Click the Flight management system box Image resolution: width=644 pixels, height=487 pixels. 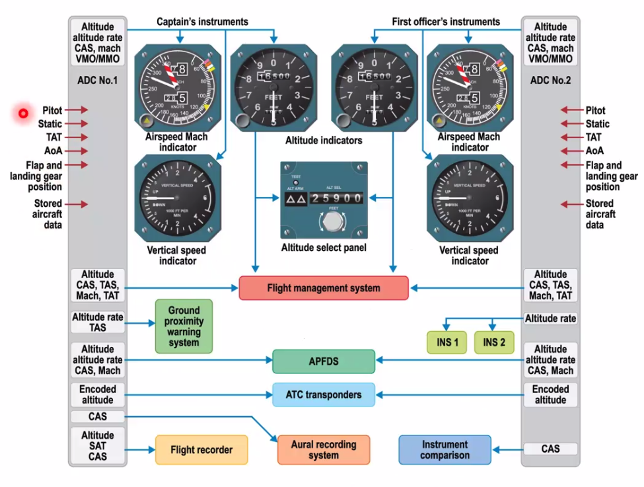click(x=324, y=288)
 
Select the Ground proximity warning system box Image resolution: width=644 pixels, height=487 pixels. click(x=184, y=326)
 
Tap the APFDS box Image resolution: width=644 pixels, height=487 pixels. click(x=324, y=361)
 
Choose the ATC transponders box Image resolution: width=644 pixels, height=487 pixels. click(x=324, y=395)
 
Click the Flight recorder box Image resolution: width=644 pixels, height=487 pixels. click(x=201, y=450)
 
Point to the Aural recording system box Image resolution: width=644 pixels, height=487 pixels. click(x=323, y=450)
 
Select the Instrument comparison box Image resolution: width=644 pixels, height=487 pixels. click(x=445, y=450)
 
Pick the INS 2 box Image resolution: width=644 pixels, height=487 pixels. click(x=494, y=342)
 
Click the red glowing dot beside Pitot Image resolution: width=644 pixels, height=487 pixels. click(x=23, y=114)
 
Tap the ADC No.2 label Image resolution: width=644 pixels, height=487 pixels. click(x=550, y=81)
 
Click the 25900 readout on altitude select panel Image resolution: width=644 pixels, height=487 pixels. click(x=337, y=198)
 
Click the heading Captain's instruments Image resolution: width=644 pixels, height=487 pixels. click(x=202, y=22)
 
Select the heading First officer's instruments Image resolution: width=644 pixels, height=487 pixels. click(x=446, y=22)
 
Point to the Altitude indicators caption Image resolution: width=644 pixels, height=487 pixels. click(x=324, y=140)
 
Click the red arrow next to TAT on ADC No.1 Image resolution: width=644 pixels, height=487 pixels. click(x=76, y=137)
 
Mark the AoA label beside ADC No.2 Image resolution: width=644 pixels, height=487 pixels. click(x=594, y=151)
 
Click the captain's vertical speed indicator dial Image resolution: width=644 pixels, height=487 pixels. click(x=177, y=198)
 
